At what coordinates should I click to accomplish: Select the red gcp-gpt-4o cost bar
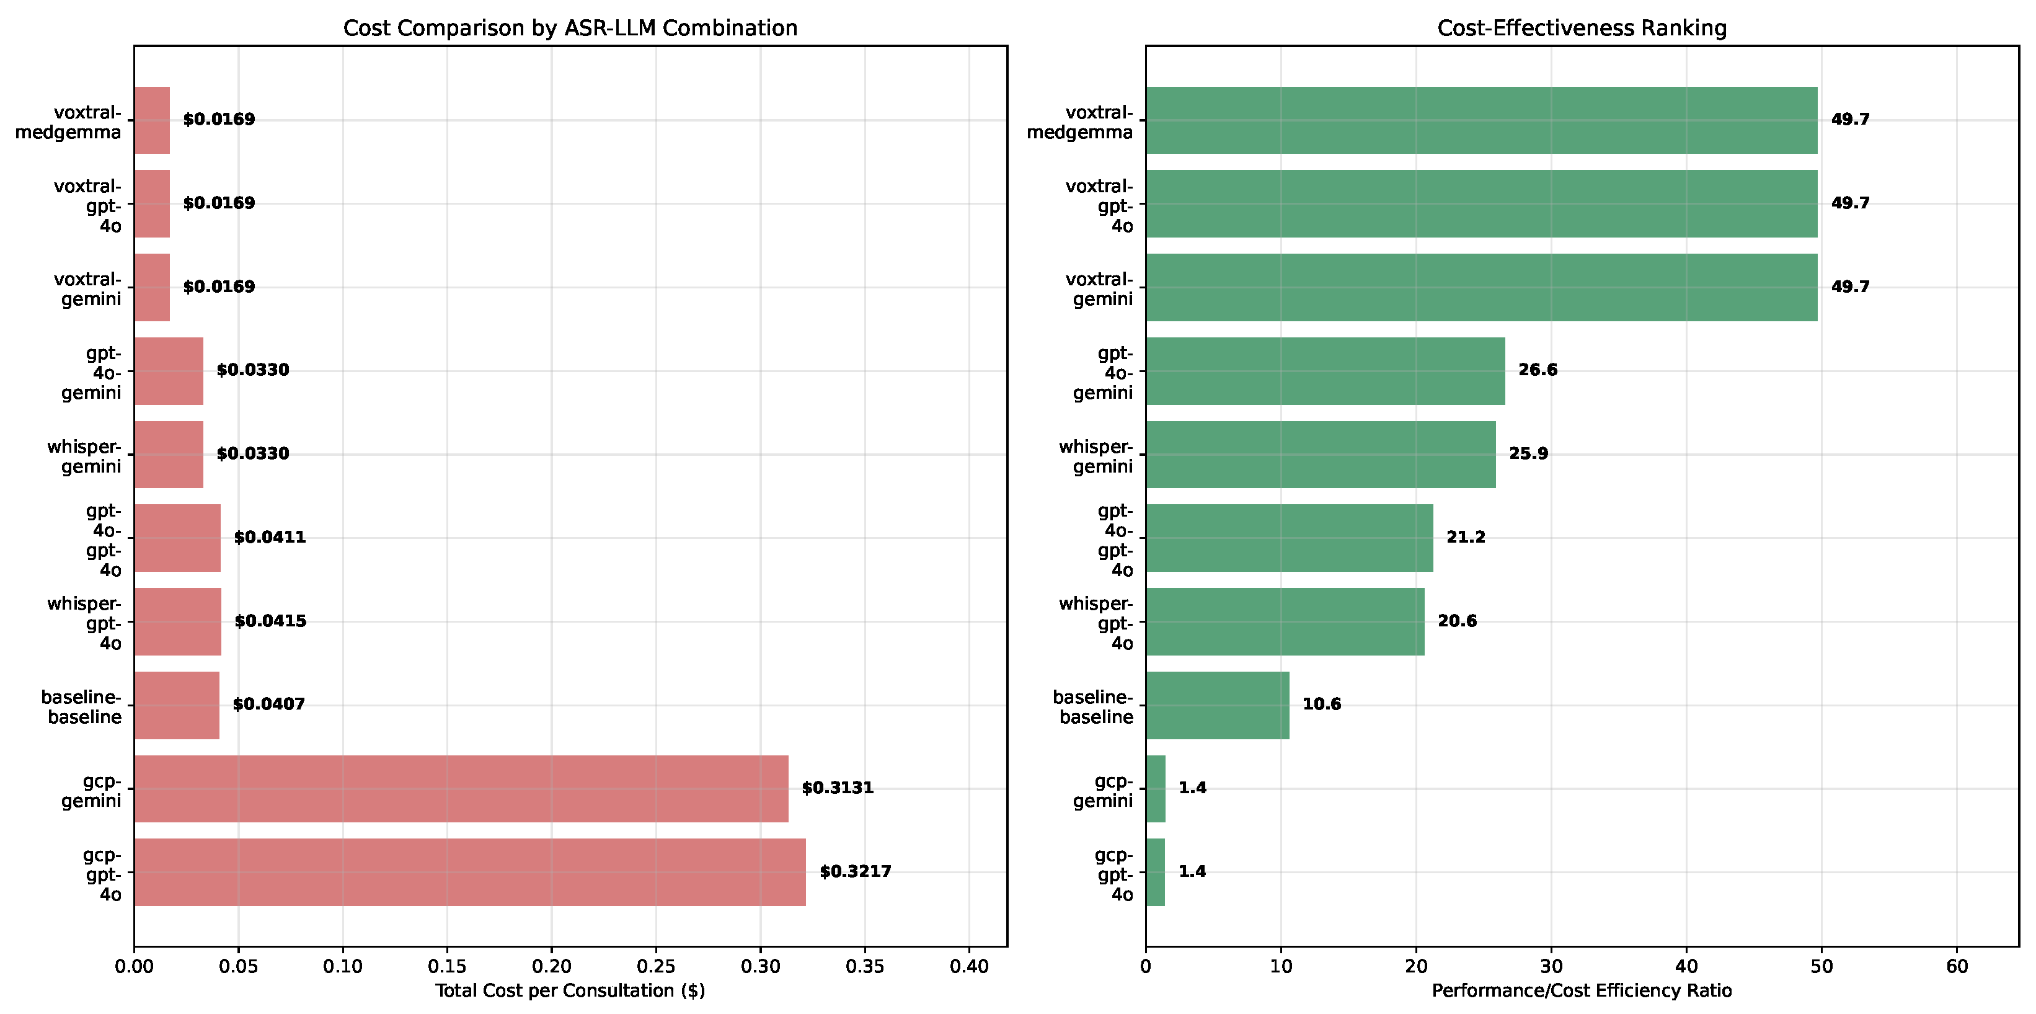tap(471, 873)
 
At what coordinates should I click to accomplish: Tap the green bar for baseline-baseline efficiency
tap(1217, 705)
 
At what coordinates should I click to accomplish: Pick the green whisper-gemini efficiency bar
tap(1321, 455)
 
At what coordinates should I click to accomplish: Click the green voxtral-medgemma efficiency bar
tap(1482, 120)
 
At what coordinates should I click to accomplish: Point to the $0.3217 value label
tap(855, 872)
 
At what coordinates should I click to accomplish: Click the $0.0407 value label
tap(268, 704)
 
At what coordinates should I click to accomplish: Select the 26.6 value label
tap(1538, 370)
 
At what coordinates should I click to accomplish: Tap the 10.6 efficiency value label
tap(1322, 704)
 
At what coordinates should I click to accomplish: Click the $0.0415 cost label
tap(270, 621)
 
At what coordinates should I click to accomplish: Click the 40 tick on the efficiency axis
tap(1687, 967)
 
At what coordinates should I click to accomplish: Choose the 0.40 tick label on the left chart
tap(969, 967)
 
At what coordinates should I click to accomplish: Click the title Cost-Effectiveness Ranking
tap(1582, 29)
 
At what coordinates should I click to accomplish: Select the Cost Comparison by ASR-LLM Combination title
tap(570, 29)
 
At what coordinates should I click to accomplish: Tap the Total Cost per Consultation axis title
tap(570, 991)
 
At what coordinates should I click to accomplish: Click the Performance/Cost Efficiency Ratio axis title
tap(1582, 991)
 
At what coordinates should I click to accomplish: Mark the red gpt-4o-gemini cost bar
tap(169, 371)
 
